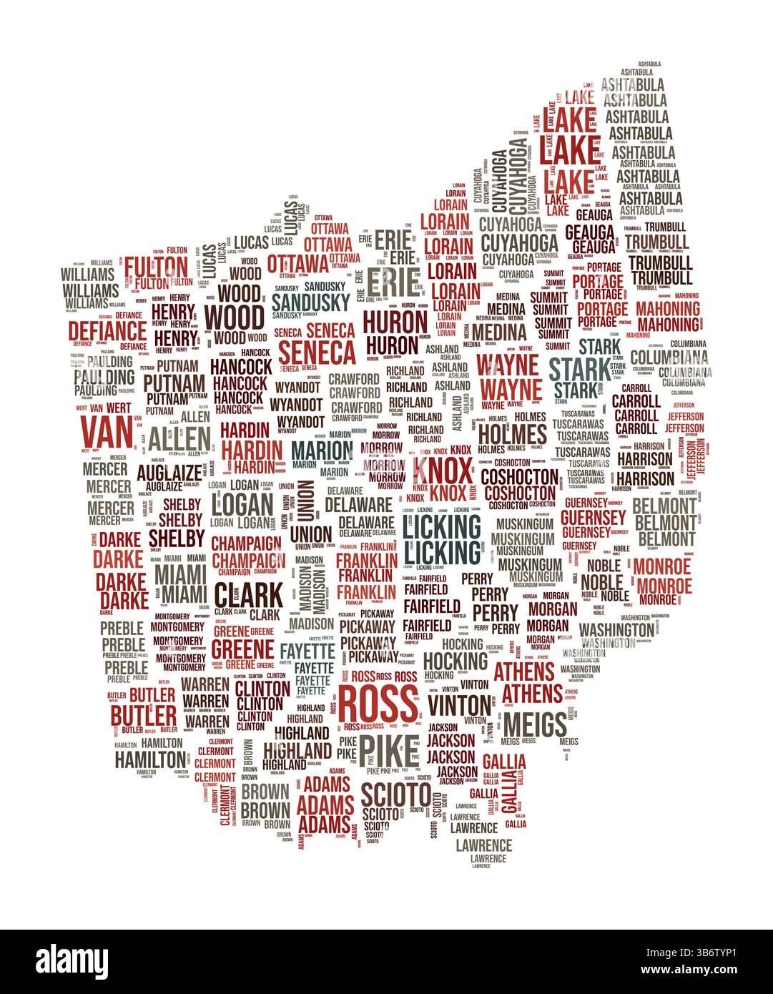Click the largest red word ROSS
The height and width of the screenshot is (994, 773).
378,704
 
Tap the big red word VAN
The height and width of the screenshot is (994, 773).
107,430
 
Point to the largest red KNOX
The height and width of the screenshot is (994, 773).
443,472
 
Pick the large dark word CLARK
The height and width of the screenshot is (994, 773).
247,594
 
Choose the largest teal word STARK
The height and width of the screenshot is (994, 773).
580,370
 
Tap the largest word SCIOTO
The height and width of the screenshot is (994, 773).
395,794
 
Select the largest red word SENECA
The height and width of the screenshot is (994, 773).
317,352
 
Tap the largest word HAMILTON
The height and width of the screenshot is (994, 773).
150,759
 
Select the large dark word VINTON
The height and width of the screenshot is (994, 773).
460,704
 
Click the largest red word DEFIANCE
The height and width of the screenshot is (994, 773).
107,330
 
